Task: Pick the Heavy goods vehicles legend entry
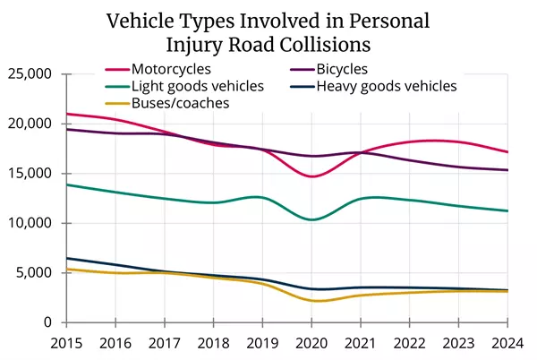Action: click(386, 86)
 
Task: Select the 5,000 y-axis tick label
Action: click(36, 273)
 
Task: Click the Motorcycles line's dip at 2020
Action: click(311, 176)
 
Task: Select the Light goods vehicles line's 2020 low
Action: click(311, 219)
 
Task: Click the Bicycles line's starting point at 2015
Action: click(67, 129)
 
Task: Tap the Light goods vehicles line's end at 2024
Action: click(507, 210)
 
